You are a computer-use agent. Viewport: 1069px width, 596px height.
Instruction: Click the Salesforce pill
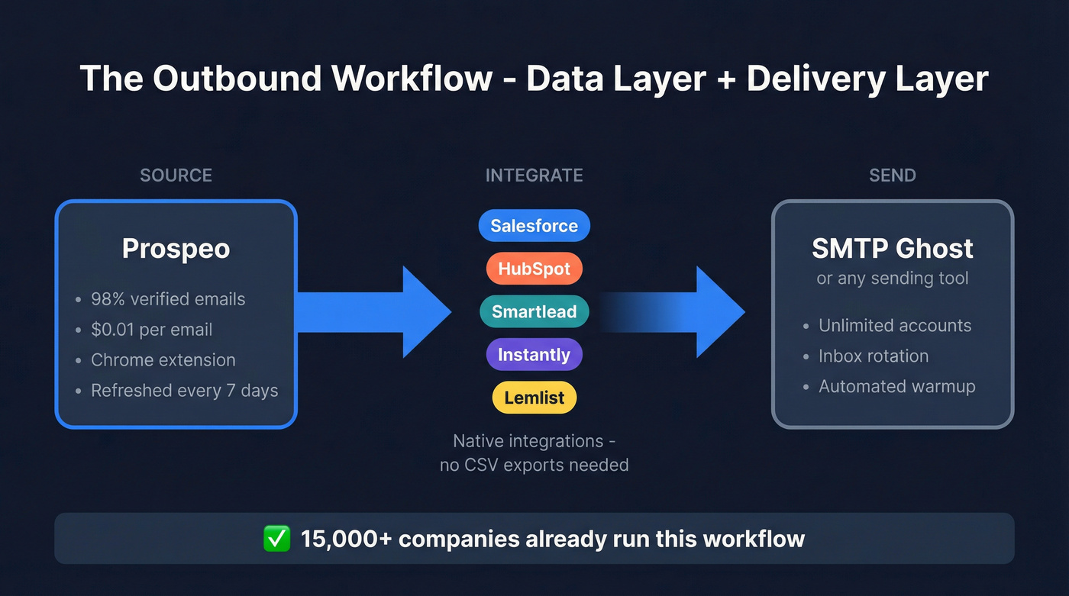[534, 226]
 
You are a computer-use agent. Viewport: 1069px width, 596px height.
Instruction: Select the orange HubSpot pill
[534, 269]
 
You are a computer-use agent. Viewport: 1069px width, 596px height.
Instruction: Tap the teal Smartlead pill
[534, 311]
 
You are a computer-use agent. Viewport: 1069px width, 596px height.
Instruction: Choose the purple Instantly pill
[534, 355]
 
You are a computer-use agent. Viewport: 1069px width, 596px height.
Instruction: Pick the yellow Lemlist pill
[534, 398]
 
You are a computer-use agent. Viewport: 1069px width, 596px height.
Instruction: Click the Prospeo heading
[176, 249]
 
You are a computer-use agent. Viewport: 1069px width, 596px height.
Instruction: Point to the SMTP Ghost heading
[892, 249]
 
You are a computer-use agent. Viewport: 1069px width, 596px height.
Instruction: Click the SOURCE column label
[176, 176]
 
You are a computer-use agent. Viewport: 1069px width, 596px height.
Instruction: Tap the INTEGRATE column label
[534, 176]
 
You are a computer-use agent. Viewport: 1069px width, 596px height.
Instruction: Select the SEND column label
[892, 176]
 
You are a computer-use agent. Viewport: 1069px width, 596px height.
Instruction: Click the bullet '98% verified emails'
[168, 299]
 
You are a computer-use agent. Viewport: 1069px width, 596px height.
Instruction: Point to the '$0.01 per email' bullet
[151, 330]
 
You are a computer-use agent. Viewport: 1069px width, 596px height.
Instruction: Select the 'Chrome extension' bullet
[163, 360]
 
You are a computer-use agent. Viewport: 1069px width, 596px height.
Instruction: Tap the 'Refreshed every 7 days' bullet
[184, 391]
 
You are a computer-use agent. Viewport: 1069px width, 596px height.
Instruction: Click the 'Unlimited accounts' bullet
[894, 326]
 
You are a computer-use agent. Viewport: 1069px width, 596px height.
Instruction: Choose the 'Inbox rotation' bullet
[873, 356]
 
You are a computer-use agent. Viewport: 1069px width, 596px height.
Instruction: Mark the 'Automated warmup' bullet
[896, 387]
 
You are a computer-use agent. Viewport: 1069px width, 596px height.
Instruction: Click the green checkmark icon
[276, 539]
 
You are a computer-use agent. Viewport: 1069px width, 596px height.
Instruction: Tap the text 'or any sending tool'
[892, 279]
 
